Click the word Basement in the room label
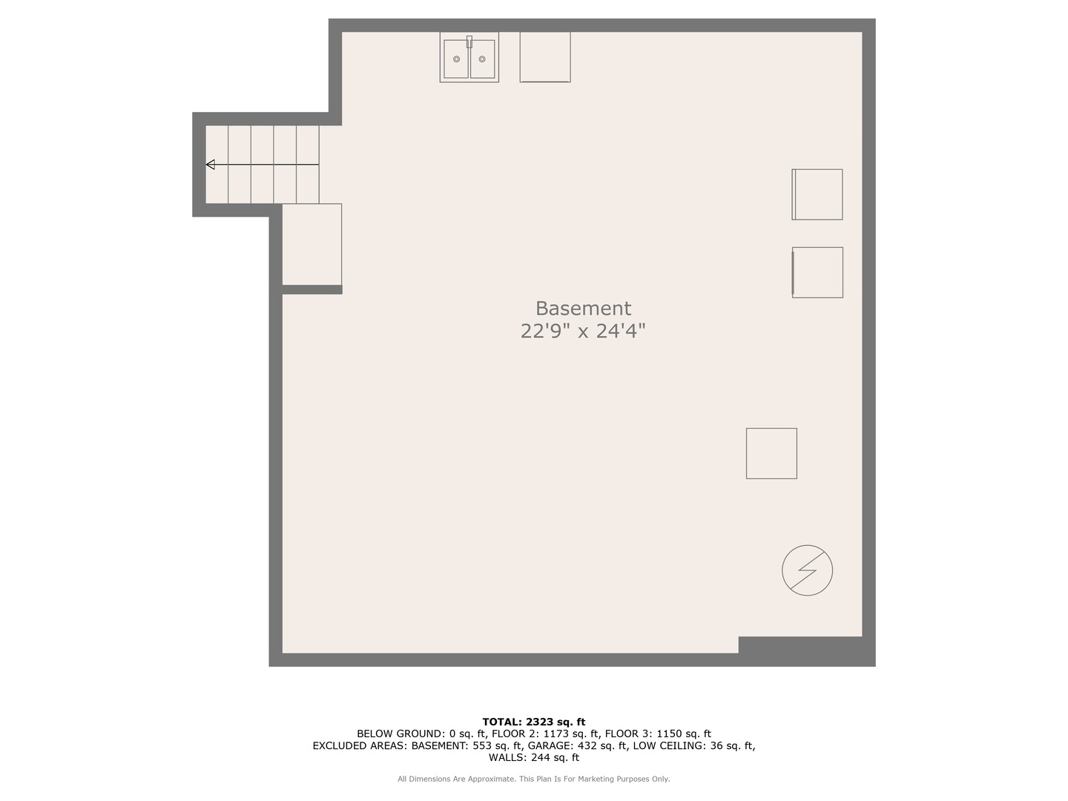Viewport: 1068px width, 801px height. pos(583,309)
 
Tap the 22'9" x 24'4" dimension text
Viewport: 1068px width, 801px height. pos(583,331)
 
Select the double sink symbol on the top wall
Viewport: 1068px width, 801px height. pos(469,57)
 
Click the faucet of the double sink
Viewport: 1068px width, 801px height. pos(469,42)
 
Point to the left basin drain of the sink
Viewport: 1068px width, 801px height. pos(456,59)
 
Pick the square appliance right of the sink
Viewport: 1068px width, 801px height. pos(545,56)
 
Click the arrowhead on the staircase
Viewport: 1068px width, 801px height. pos(211,165)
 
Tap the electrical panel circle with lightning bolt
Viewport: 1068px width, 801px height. pos(807,570)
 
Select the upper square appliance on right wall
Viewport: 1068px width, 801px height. pos(817,194)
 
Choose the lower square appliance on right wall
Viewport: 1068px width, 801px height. pos(817,272)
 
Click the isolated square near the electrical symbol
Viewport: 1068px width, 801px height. pos(771,453)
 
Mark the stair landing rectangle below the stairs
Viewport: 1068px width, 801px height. pos(311,244)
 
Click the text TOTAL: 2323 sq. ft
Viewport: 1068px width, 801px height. pos(533,722)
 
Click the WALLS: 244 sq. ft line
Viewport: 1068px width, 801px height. pos(533,757)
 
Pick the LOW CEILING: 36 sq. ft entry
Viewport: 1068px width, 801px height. pos(693,745)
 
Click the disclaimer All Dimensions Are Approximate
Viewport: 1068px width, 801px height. pos(456,779)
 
